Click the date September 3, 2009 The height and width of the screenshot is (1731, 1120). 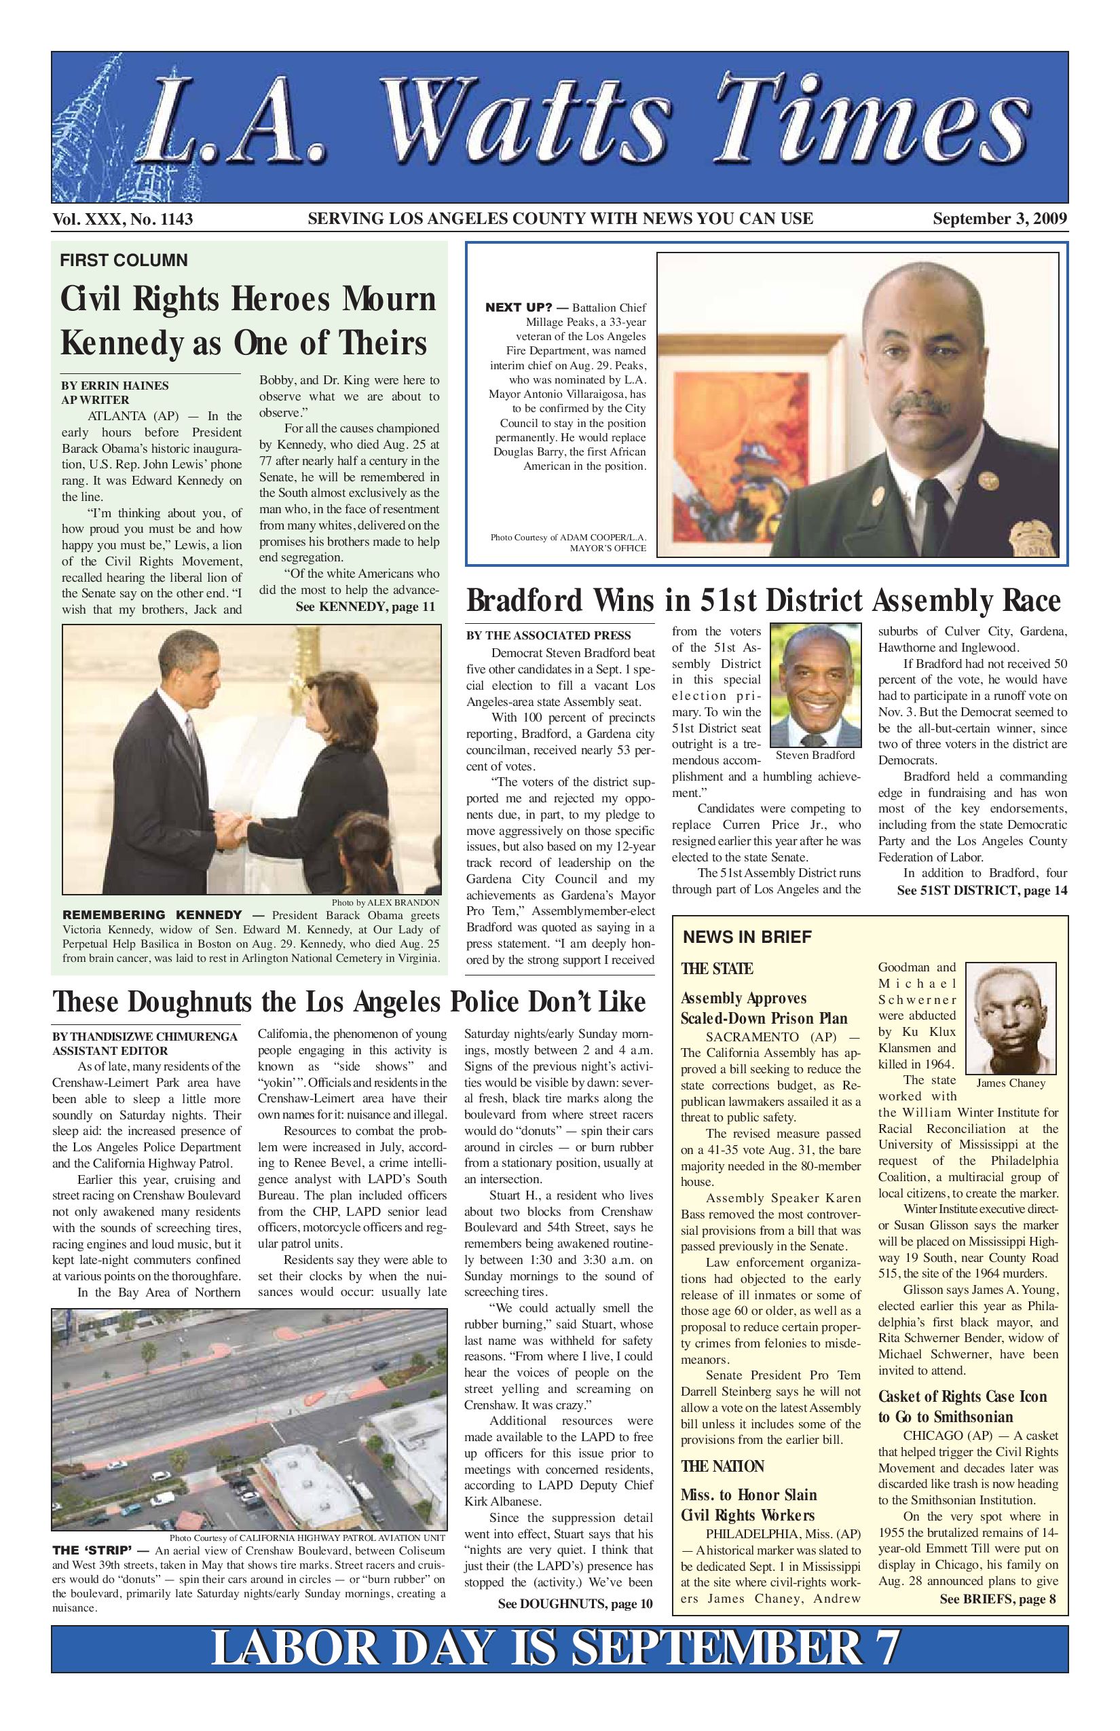click(x=1000, y=219)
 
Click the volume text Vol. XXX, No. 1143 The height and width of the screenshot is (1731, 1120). click(x=122, y=219)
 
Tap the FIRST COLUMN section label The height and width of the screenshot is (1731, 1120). click(x=124, y=261)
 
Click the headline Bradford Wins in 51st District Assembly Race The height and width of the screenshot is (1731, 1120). click(x=763, y=601)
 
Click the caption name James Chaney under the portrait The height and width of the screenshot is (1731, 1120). click(x=1010, y=1083)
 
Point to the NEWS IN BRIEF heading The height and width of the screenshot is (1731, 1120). click(x=747, y=937)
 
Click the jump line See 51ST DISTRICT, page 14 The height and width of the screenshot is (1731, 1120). click(x=982, y=890)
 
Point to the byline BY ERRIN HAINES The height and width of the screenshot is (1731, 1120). click(x=115, y=386)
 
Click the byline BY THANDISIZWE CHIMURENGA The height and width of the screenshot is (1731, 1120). click(x=145, y=1037)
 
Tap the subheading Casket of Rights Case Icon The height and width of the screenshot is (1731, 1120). click(x=963, y=1396)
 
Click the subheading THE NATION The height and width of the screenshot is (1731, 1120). click(x=722, y=1466)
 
